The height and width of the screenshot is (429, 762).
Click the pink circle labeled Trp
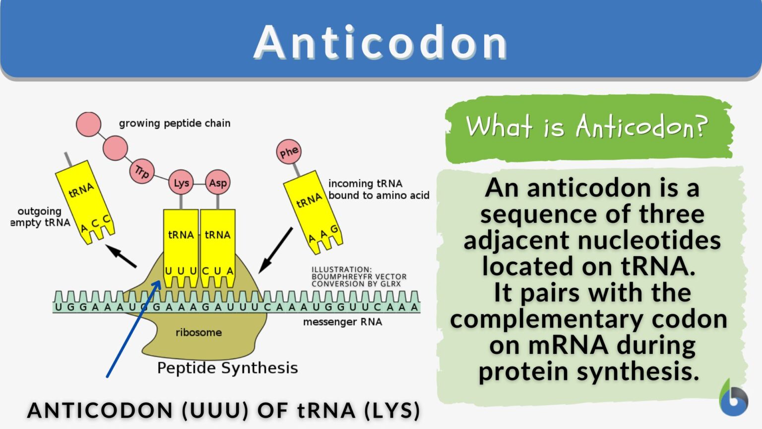tap(142, 171)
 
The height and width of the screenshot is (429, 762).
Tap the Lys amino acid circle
tap(181, 183)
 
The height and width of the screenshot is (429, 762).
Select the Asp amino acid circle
tap(218, 183)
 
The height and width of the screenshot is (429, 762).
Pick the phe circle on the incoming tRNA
tap(289, 151)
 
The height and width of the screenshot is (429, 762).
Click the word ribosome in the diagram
tap(198, 332)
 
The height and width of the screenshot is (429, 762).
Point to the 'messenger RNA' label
tap(343, 322)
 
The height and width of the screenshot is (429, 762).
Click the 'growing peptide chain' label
tap(175, 123)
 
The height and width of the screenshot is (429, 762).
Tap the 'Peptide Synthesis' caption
tap(228, 368)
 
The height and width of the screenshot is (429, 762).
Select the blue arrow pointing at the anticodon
tap(133, 329)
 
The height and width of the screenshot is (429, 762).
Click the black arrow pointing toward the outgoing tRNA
tap(121, 256)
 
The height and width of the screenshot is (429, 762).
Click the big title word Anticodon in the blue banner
tap(381, 43)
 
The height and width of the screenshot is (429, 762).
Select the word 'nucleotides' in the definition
tap(649, 240)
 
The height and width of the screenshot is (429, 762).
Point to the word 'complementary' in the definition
tap(546, 319)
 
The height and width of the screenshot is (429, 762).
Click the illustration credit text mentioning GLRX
tap(359, 277)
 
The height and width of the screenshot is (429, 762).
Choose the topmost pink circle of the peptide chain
tap(88, 125)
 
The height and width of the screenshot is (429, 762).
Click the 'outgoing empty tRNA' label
tap(41, 217)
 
